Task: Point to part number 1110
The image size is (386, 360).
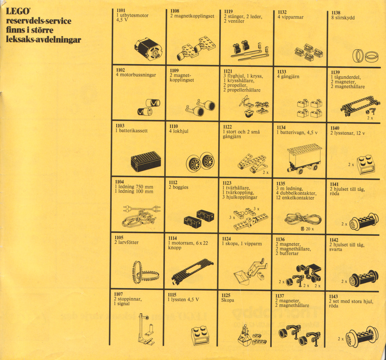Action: click(x=174, y=126)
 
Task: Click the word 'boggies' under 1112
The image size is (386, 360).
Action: click(x=180, y=187)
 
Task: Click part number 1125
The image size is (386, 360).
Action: click(x=226, y=295)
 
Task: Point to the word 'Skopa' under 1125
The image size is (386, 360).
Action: click(x=227, y=300)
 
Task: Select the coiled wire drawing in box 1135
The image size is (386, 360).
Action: click(x=303, y=218)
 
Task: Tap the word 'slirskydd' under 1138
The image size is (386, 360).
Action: click(x=345, y=18)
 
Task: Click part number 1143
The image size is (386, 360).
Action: click(x=333, y=296)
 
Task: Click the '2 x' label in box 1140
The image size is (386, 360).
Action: click(x=351, y=164)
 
